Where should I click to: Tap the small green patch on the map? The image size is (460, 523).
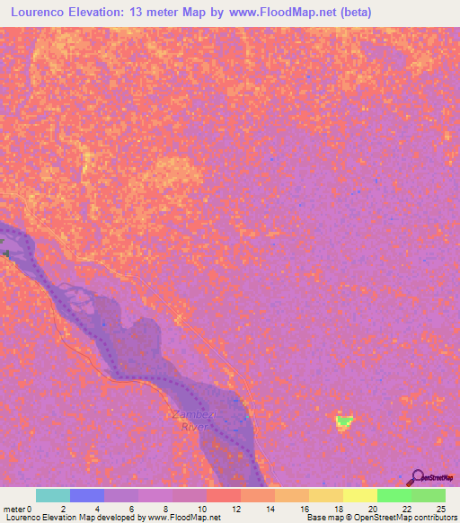pyautogui.click(x=343, y=421)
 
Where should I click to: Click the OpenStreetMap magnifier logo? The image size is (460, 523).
pyautogui.click(x=417, y=478)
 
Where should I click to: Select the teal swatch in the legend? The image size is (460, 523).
pyautogui.click(x=53, y=495)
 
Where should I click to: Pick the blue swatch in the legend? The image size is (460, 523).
pyautogui.click(x=87, y=495)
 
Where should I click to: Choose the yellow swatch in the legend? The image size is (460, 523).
pyautogui.click(x=359, y=495)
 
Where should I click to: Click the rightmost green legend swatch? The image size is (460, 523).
pyautogui.click(x=428, y=495)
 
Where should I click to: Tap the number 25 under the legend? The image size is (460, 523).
pyautogui.click(x=441, y=509)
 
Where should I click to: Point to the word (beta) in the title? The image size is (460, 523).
pyautogui.click(x=351, y=13)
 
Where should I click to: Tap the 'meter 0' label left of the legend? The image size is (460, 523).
pyautogui.click(x=18, y=509)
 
